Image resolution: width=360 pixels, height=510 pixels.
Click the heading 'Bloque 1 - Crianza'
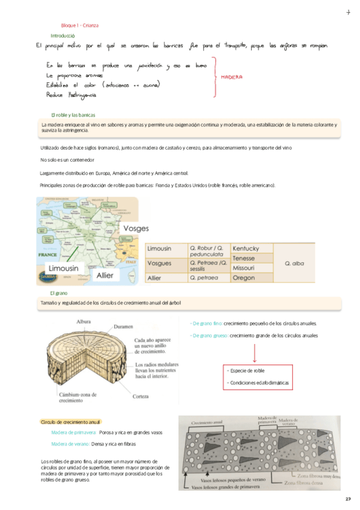(x=80, y=26)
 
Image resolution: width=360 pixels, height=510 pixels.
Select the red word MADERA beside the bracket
(x=231, y=78)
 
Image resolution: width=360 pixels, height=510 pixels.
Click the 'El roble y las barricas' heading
(x=73, y=115)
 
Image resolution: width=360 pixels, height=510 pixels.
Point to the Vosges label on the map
(x=135, y=229)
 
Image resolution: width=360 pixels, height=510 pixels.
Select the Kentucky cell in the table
(x=245, y=248)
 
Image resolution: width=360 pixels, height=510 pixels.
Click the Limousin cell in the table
(x=159, y=248)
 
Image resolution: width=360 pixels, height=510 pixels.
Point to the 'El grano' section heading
(x=61, y=292)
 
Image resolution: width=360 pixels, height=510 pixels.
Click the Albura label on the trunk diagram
(x=84, y=322)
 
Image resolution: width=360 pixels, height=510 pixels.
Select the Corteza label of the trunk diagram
(x=142, y=396)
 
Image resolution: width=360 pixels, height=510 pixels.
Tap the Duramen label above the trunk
(x=123, y=327)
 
